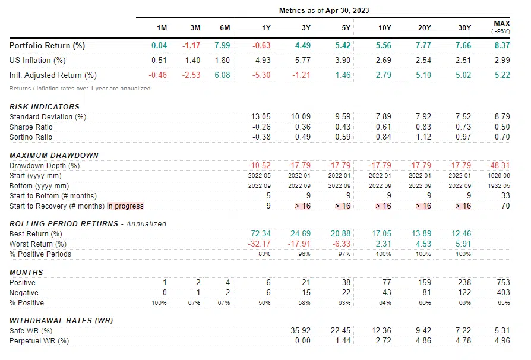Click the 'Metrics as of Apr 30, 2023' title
[324, 11]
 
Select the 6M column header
[224, 28]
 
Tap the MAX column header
[502, 24]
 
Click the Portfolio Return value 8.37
[501, 45]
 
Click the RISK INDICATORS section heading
[45, 106]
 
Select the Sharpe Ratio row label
[31, 127]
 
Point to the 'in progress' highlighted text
[125, 206]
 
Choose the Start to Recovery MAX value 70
[504, 206]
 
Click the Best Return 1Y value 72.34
[261, 234]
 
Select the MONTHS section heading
[26, 272]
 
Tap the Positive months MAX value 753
[502, 283]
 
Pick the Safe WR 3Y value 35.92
[302, 331]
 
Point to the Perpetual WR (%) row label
[39, 341]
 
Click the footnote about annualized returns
[81, 89]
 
